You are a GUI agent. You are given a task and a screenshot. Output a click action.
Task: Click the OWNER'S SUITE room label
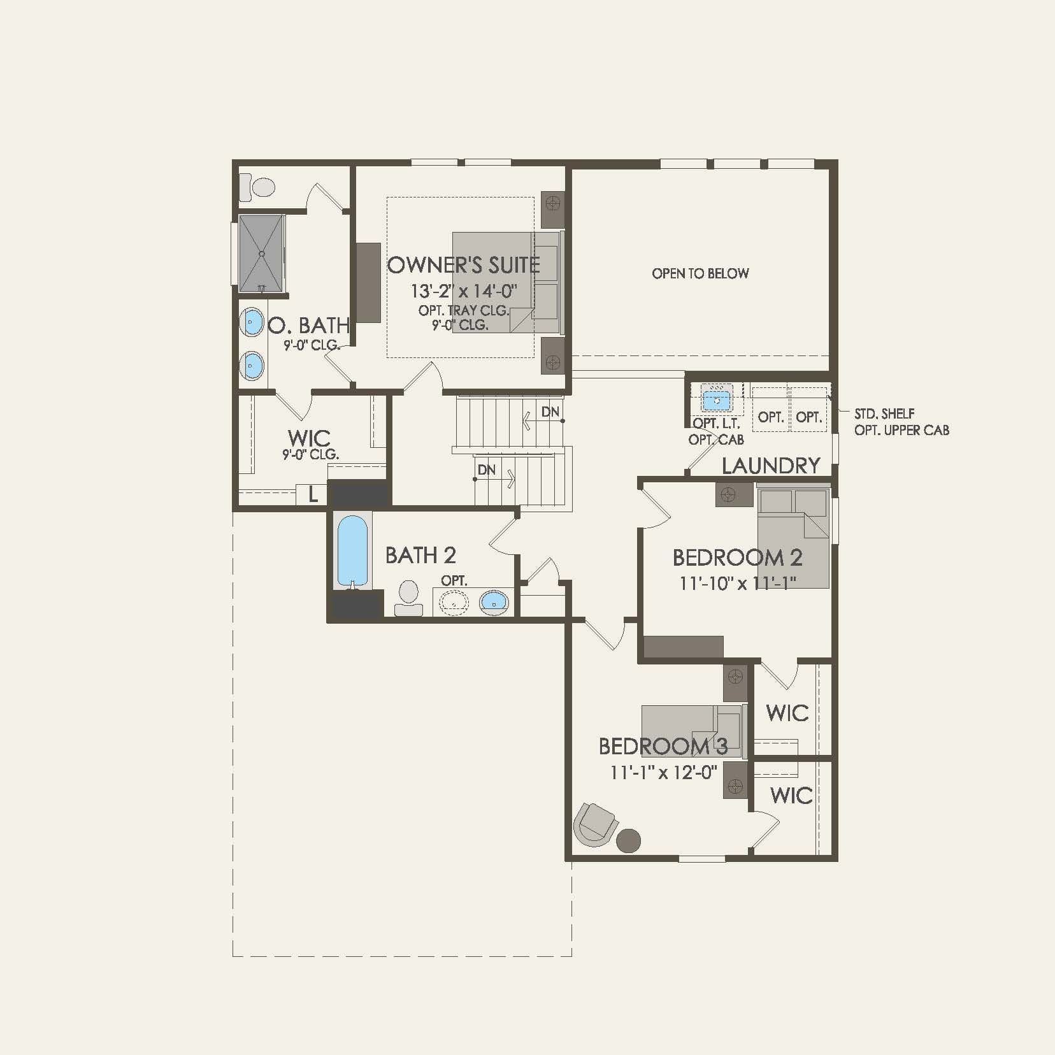click(463, 265)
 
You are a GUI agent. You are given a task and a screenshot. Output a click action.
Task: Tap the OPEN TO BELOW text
click(700, 273)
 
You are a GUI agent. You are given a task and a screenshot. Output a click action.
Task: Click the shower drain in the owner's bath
click(261, 254)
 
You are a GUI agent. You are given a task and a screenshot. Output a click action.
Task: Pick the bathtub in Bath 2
click(352, 550)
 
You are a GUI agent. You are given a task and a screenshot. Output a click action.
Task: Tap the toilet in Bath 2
click(408, 596)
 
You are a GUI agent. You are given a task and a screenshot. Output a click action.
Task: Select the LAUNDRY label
click(770, 466)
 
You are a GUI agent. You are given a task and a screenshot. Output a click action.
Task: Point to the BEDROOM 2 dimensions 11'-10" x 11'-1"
click(738, 582)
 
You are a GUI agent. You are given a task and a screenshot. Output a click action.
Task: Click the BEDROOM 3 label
click(663, 746)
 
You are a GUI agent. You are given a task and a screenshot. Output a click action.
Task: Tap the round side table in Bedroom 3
click(629, 840)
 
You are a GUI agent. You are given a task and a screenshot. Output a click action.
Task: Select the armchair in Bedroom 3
click(596, 824)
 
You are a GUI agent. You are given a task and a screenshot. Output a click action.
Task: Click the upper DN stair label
click(550, 412)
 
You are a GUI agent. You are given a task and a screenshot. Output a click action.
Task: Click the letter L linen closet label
click(313, 494)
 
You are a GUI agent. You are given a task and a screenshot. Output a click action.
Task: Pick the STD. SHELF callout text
click(884, 414)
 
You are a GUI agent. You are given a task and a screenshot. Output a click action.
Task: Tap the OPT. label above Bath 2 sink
click(454, 581)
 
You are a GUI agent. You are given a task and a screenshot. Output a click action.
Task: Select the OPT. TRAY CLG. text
click(463, 311)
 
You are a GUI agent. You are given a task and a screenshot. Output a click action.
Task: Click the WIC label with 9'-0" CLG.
click(309, 438)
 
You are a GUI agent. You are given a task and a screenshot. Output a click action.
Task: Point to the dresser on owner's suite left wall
click(368, 282)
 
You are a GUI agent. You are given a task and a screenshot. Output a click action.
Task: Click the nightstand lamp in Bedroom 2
click(729, 494)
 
